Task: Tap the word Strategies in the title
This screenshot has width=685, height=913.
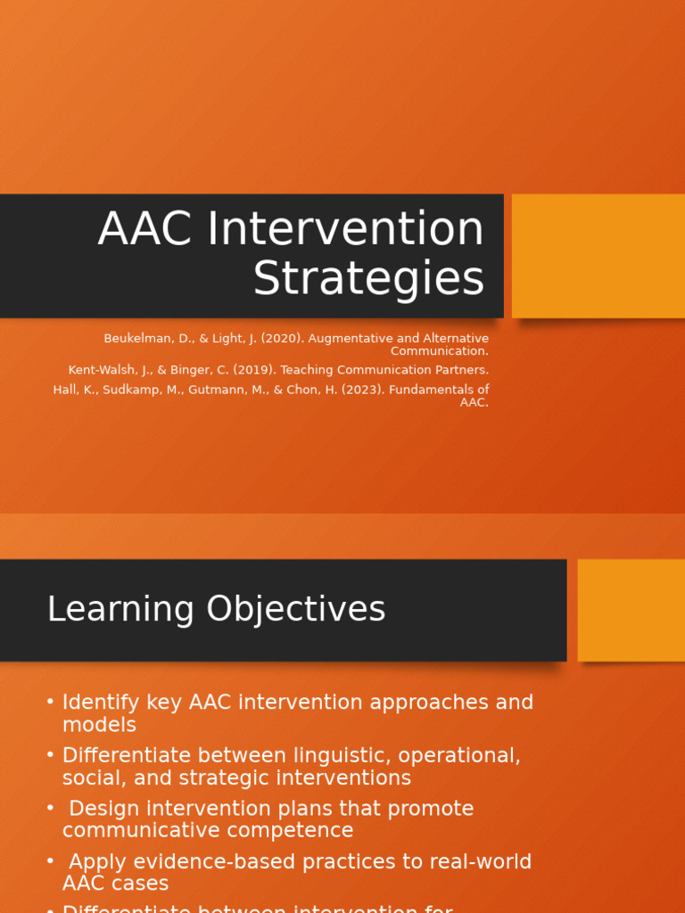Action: (368, 279)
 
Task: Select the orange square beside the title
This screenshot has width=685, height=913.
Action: (598, 256)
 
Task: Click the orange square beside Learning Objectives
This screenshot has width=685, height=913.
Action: (631, 610)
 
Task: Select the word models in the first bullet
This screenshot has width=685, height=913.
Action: (99, 725)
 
